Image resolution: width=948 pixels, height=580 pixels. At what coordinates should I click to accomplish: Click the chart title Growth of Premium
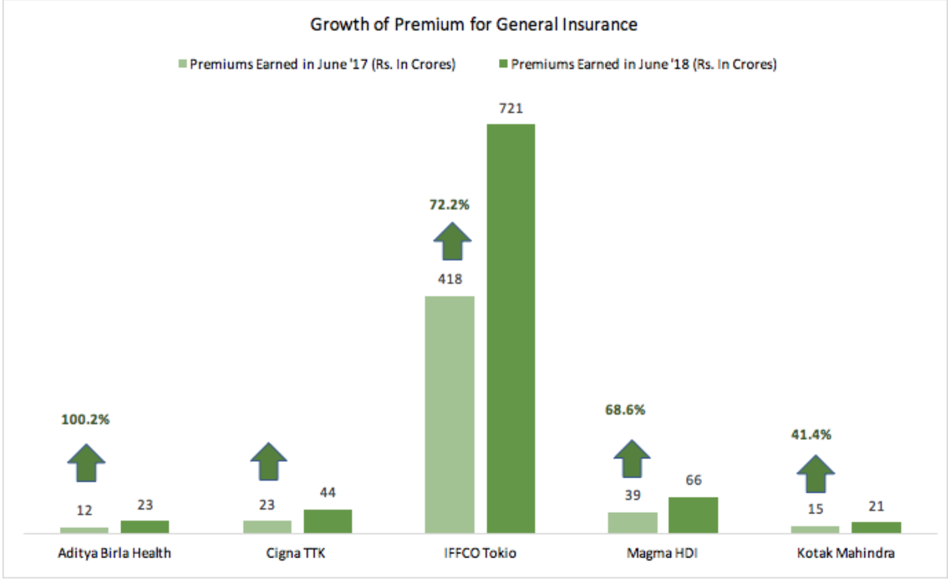(x=473, y=25)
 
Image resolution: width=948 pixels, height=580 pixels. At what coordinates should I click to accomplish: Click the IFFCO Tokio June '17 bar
(x=449, y=414)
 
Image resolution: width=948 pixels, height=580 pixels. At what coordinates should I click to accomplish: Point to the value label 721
(x=510, y=108)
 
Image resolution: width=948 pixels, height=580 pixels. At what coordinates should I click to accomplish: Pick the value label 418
(x=450, y=279)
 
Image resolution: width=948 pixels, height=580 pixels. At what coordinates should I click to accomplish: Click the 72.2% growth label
(x=449, y=205)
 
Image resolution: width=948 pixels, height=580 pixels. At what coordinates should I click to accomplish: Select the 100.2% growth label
(x=85, y=420)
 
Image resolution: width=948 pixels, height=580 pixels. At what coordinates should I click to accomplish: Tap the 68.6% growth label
(x=625, y=410)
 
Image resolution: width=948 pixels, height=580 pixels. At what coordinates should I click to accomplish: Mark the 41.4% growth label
(x=811, y=435)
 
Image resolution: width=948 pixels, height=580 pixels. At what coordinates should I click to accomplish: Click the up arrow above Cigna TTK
(x=269, y=461)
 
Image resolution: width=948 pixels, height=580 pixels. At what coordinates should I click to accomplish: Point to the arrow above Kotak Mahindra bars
(x=815, y=473)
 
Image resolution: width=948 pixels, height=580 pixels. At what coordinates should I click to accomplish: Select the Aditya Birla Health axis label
(x=115, y=553)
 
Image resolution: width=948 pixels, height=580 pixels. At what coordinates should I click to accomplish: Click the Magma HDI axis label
(x=662, y=553)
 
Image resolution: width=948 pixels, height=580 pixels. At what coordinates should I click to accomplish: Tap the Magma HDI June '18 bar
(x=693, y=515)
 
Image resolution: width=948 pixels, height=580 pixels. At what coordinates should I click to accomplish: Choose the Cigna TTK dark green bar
(x=327, y=521)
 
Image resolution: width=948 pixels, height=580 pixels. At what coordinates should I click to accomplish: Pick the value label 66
(x=693, y=480)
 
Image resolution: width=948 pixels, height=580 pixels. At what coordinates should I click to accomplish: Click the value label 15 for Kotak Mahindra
(x=815, y=509)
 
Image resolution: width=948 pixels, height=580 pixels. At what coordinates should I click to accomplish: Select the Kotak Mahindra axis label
(x=846, y=553)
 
